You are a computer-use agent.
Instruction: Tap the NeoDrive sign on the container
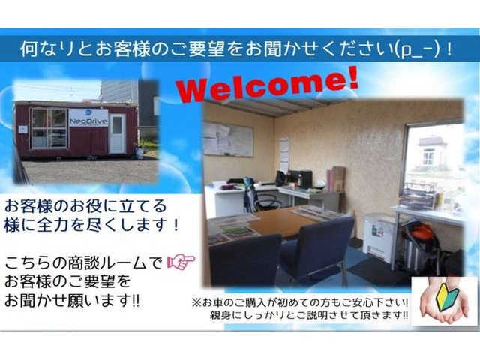pyautogui.click(x=88, y=118)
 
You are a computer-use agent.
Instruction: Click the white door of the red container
pyautogui.click(x=118, y=133)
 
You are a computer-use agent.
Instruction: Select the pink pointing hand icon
pyautogui.click(x=181, y=262)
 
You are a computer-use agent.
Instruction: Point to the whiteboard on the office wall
pyautogui.click(x=228, y=139)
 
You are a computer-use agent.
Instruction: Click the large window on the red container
pyautogui.click(x=49, y=128)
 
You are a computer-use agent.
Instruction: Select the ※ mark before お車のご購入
pyautogui.click(x=196, y=303)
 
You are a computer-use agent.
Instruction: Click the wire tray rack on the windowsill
pyautogui.click(x=418, y=195)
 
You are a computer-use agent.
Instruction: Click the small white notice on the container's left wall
pyautogui.click(x=22, y=130)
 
